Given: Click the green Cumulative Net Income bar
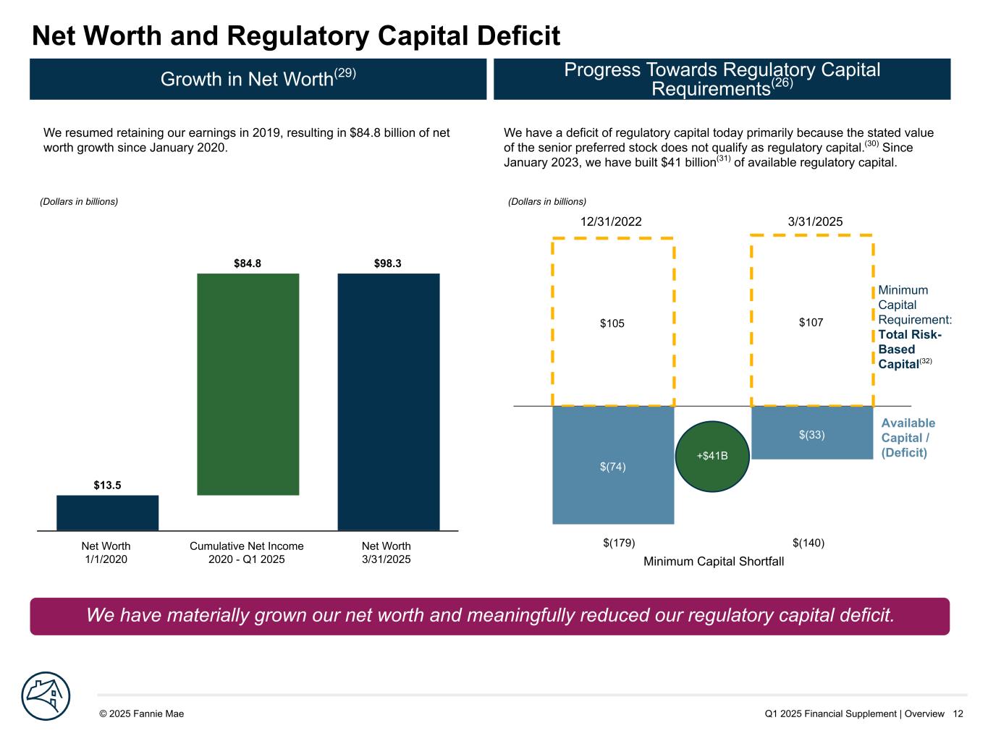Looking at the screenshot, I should point(248,384).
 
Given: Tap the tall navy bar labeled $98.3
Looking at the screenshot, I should point(388,402).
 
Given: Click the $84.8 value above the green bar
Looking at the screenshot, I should point(247,264).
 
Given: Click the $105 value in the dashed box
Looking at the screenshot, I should point(612,323).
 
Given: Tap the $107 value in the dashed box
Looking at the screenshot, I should point(811,323).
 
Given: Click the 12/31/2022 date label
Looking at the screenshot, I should point(611,222).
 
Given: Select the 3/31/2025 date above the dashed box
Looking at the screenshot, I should point(815,222).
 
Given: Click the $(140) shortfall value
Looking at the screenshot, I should point(808,543).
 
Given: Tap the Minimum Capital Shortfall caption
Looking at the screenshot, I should point(713,562).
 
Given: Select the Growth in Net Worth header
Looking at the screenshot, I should point(258,79).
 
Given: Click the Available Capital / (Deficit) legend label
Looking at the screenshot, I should point(908,438).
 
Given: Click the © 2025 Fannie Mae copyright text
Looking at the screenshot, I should point(141,714).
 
